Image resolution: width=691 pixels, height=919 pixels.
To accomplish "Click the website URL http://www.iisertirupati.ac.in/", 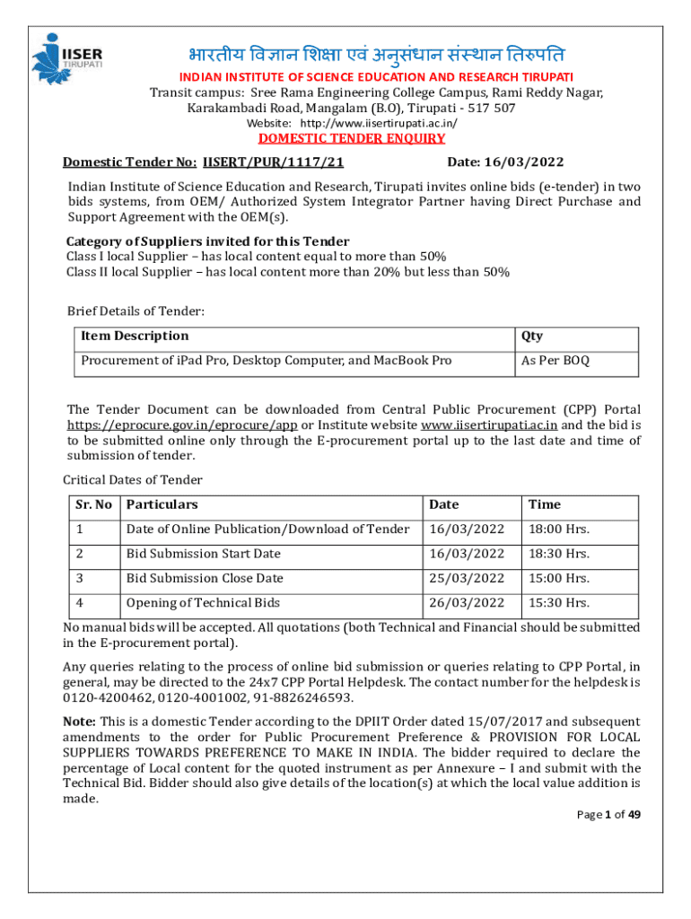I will [x=379, y=123].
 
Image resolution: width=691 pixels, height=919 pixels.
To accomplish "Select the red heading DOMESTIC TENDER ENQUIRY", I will [x=352, y=138].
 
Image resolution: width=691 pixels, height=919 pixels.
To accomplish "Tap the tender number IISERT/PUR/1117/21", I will [x=274, y=162].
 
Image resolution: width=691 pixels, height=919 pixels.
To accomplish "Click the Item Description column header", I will [x=135, y=336].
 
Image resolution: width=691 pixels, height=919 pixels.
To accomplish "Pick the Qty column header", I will [x=531, y=336].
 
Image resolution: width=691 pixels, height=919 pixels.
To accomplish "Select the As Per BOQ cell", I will [x=555, y=361].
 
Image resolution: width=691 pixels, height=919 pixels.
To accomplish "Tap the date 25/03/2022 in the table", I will [x=467, y=578].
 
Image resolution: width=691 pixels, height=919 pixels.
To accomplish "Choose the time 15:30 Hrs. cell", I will [x=559, y=602].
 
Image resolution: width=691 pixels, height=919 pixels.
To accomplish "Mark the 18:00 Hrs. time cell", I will [x=559, y=530].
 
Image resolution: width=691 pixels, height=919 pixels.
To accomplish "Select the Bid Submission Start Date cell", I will [x=203, y=554].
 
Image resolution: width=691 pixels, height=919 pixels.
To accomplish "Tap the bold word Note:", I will [x=79, y=722].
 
